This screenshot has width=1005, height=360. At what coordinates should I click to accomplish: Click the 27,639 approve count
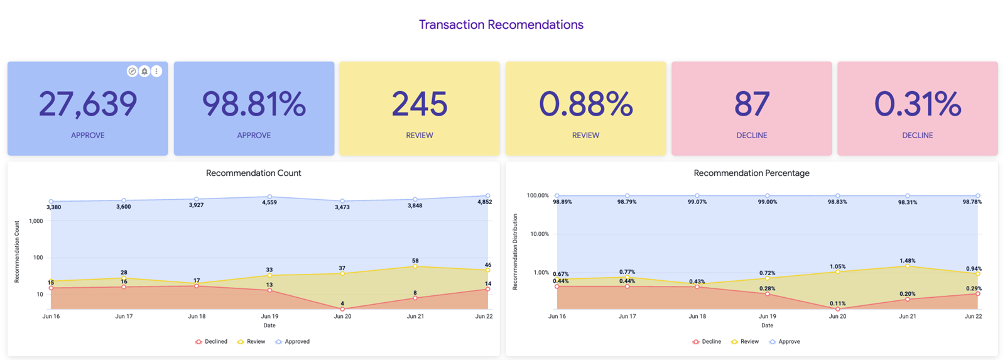(x=88, y=104)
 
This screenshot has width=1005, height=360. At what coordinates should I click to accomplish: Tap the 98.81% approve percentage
(x=254, y=104)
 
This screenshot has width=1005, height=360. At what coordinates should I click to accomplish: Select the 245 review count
(x=420, y=104)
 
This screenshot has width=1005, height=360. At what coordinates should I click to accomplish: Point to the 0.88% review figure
(x=585, y=104)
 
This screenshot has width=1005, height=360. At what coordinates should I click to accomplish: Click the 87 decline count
(x=751, y=104)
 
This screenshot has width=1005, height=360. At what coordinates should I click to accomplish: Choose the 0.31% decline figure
(x=917, y=104)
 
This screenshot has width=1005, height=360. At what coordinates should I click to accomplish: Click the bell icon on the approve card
(x=144, y=72)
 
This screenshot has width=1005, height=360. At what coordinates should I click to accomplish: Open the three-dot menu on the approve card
(x=156, y=72)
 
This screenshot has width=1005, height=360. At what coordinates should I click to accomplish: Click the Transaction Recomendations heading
(x=501, y=25)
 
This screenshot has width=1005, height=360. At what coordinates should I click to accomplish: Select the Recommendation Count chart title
(x=253, y=173)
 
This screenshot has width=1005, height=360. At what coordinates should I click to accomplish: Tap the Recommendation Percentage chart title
(x=751, y=173)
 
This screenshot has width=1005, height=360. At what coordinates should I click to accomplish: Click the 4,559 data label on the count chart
(x=269, y=203)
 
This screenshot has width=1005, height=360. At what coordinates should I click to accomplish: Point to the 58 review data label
(x=415, y=260)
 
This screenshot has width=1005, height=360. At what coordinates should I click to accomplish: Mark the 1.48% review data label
(x=907, y=260)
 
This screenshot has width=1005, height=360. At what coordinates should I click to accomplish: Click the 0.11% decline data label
(x=837, y=303)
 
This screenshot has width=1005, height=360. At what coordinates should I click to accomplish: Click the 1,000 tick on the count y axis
(x=36, y=221)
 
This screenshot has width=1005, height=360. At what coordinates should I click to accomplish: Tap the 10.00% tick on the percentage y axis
(x=540, y=234)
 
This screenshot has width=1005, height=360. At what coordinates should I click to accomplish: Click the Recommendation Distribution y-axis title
(x=515, y=251)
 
